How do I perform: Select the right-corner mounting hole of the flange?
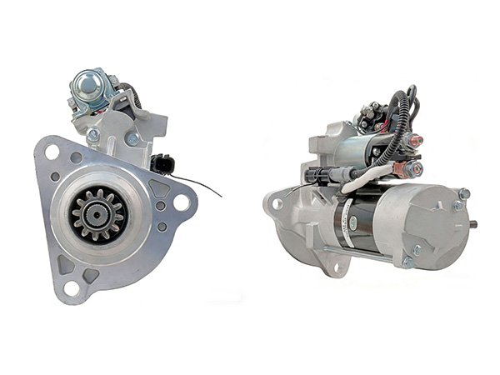click(180, 202)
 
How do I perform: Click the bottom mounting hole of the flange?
click(72, 287)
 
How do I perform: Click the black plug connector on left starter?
click(162, 164)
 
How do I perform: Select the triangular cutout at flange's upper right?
click(158, 190)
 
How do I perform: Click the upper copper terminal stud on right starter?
click(414, 142)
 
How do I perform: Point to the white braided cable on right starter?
click(367, 176)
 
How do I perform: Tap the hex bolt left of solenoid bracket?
click(93, 134)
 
